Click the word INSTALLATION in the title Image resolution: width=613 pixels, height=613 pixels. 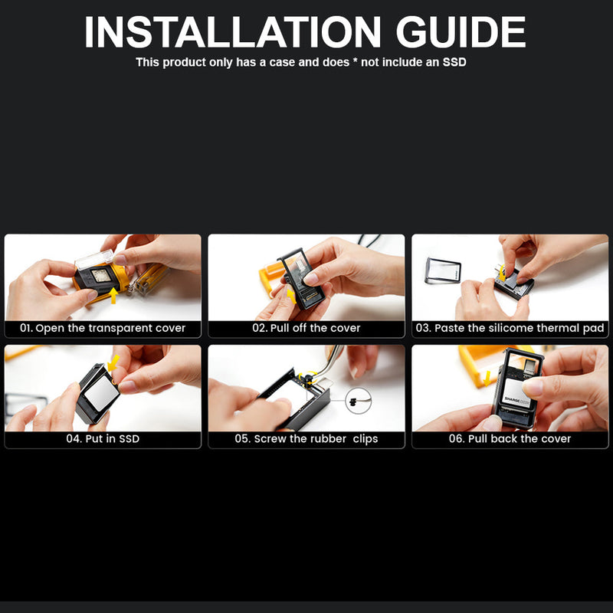[233, 32]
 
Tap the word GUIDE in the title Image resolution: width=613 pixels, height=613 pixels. [461, 32]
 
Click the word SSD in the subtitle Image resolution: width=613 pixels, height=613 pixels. [454, 62]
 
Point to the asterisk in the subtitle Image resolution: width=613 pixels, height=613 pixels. [355, 61]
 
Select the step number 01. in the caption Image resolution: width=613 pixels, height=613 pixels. [26, 328]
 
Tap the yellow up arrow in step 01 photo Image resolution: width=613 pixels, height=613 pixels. [113, 296]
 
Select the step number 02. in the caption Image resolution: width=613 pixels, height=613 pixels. [260, 328]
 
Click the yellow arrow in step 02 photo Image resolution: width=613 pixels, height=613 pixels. [291, 296]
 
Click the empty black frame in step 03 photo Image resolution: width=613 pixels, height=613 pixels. [443, 270]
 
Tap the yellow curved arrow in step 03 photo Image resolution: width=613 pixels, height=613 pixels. [502, 274]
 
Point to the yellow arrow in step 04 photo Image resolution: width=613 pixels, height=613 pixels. [113, 362]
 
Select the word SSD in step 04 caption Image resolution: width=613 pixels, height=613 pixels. [129, 438]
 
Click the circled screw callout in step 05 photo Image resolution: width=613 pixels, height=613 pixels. [358, 400]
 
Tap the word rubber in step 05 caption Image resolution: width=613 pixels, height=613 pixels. [330, 438]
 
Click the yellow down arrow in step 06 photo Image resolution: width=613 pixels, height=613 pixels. [487, 378]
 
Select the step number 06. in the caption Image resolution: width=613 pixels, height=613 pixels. [457, 438]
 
